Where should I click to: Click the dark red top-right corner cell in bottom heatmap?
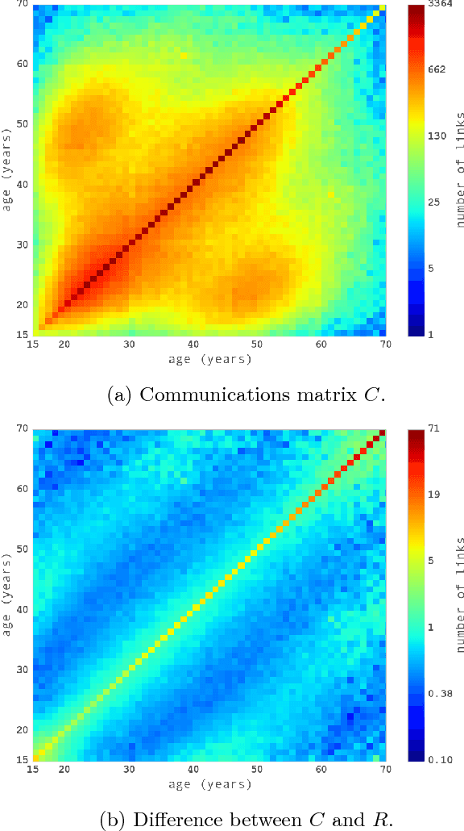[382, 433]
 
